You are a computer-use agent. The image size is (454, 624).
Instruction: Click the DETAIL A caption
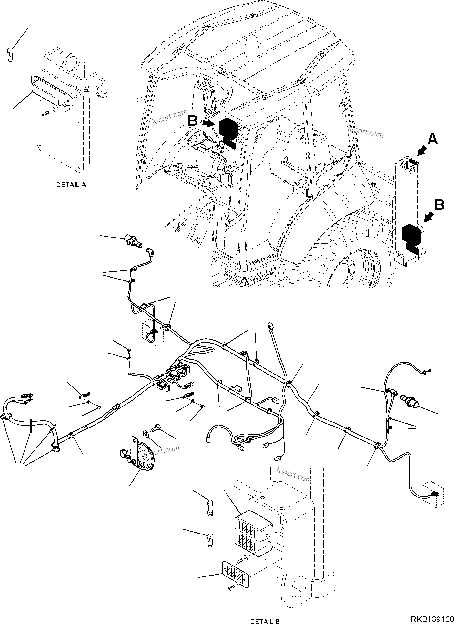click(x=71, y=185)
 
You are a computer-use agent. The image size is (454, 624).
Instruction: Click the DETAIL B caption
click(x=265, y=621)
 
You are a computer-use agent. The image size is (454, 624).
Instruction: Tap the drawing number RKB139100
click(x=431, y=619)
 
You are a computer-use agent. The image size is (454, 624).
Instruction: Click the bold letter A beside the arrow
click(x=432, y=139)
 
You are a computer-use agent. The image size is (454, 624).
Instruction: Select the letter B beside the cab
click(x=193, y=122)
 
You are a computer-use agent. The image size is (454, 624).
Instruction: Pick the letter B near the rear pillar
click(x=439, y=205)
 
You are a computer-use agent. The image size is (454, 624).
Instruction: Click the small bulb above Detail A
click(x=9, y=54)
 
